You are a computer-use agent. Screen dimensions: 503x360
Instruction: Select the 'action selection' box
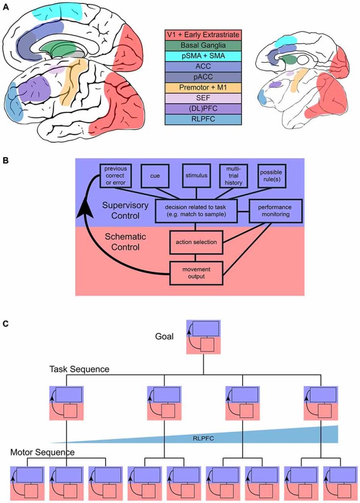coord(196,241)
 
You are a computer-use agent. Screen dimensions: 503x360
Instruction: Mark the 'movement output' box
coord(196,273)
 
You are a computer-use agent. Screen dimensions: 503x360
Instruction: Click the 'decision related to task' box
coord(196,212)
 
